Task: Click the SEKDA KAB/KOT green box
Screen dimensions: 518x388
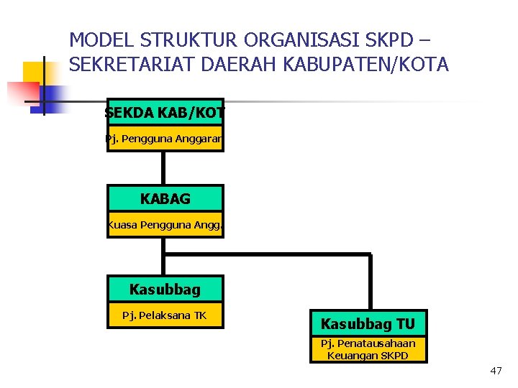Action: (165, 112)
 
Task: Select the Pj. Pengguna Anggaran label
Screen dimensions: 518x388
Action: (165, 139)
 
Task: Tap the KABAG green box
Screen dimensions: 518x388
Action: (165, 198)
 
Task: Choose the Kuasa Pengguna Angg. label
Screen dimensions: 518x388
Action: (165, 225)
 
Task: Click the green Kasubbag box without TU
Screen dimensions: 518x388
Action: (165, 290)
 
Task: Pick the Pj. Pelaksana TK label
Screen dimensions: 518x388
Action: (165, 315)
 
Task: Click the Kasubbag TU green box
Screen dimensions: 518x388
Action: (368, 323)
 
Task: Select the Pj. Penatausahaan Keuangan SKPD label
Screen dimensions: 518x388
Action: (368, 349)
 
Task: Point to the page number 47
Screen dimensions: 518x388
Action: (496, 371)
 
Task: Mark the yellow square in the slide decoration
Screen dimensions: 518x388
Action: (36, 73)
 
